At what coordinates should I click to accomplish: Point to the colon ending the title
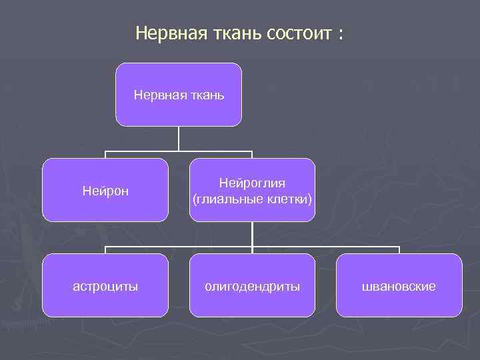point(341,35)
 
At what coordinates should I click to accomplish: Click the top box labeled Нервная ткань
point(179,95)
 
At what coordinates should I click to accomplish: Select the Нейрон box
point(105,190)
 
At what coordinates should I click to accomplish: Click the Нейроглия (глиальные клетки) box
point(252,190)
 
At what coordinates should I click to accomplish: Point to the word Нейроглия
point(252,183)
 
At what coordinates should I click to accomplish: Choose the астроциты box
point(105,285)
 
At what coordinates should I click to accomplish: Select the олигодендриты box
point(252,285)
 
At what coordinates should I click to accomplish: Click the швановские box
point(399,285)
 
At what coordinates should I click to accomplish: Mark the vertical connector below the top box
point(179,139)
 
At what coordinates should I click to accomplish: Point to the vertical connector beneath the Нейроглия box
point(252,233)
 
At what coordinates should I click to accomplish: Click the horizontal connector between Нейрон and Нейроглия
point(179,152)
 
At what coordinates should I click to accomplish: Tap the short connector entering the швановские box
point(399,250)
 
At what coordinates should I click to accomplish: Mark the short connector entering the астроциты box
point(105,250)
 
